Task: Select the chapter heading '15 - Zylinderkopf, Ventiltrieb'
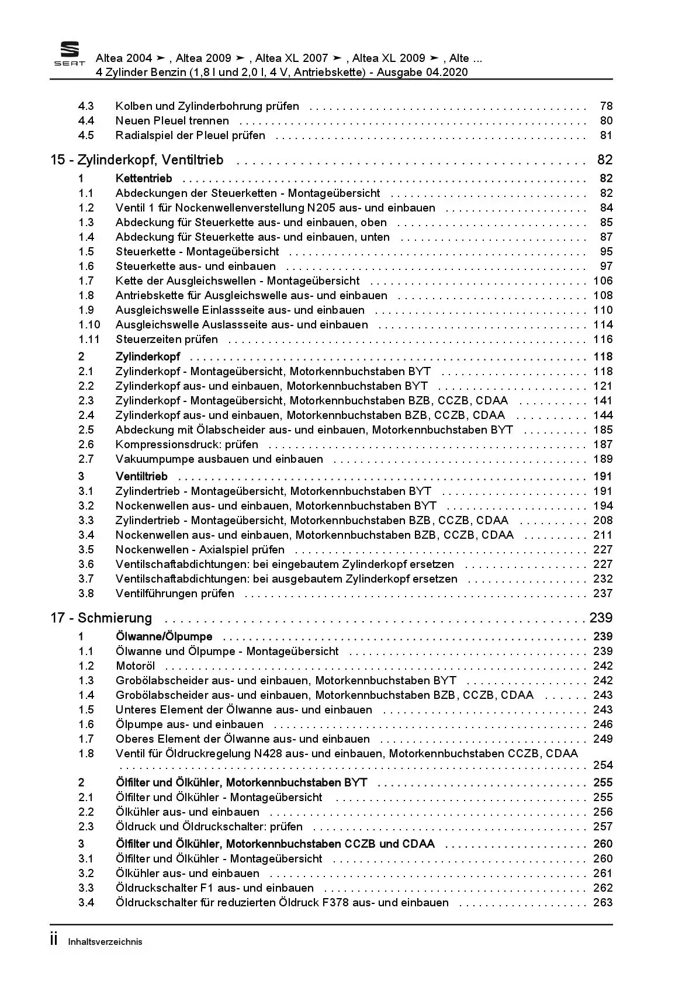click(x=137, y=160)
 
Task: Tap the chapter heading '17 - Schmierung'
click(x=101, y=618)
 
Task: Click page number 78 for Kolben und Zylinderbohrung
click(x=606, y=106)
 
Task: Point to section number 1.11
click(x=89, y=339)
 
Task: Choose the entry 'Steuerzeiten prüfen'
click(x=167, y=339)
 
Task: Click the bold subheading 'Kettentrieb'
click(x=144, y=179)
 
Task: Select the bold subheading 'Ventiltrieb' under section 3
click(x=141, y=477)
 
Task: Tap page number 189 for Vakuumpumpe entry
click(x=602, y=459)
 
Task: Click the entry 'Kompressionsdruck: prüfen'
click(x=186, y=445)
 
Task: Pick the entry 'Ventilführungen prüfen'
click(x=175, y=594)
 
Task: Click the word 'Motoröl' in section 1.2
click(x=135, y=666)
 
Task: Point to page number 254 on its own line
click(x=602, y=765)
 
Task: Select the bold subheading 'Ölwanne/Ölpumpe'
click(x=164, y=637)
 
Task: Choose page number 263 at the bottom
click(x=602, y=903)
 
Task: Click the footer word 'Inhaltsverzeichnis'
click(x=105, y=942)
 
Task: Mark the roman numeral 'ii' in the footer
click(x=54, y=940)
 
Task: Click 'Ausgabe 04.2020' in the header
click(x=422, y=72)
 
